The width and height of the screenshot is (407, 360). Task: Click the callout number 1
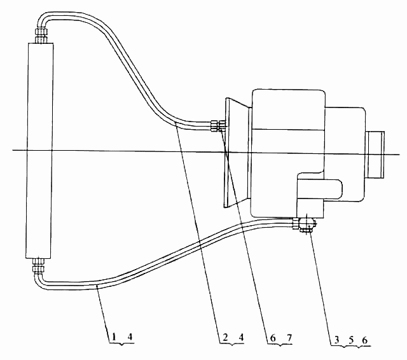[114, 336]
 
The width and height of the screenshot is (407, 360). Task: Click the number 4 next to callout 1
[130, 336]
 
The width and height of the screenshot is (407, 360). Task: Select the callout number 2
[225, 337]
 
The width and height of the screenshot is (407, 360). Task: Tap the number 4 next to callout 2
[241, 337]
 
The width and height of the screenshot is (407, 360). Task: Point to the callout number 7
[289, 338]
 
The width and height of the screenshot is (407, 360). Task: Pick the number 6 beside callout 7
[273, 338]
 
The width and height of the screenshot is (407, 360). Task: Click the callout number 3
[336, 340]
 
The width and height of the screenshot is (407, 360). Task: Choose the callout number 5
[351, 340]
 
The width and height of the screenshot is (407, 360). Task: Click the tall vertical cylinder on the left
[39, 151]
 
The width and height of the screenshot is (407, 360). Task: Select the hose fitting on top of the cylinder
[41, 36]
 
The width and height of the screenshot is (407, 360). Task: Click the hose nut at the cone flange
[218, 126]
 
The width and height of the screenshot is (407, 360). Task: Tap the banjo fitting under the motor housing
[305, 225]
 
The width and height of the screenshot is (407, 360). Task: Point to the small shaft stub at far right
[375, 155]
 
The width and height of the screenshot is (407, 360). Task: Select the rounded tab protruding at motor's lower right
[320, 189]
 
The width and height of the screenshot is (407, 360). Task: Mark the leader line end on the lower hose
[97, 286]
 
